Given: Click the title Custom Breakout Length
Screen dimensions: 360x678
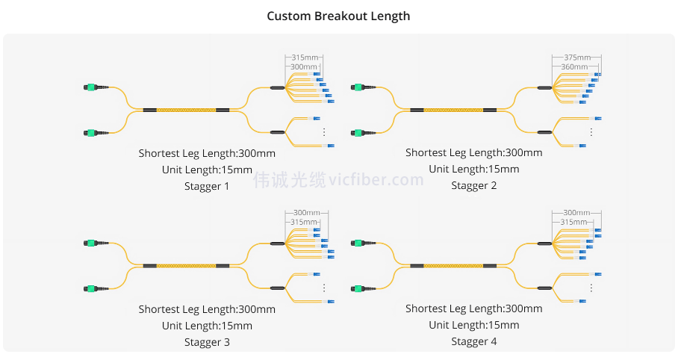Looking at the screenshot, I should click(x=338, y=16).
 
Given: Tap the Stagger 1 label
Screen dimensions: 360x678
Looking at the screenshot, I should click(x=207, y=186).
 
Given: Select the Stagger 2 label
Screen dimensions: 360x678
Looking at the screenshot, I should click(x=474, y=186).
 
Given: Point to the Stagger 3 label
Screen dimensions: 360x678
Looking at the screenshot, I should click(x=207, y=342).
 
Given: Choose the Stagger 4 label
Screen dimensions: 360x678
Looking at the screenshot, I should click(x=474, y=342).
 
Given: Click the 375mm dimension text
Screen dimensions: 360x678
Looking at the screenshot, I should click(x=577, y=58).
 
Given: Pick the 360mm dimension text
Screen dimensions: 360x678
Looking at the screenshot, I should click(x=573, y=66).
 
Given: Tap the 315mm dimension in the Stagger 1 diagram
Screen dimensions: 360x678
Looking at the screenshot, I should click(x=305, y=58).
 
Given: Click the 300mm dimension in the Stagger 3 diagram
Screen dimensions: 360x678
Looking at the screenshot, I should click(x=306, y=213).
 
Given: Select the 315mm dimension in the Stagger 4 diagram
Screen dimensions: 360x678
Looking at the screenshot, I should click(x=573, y=222).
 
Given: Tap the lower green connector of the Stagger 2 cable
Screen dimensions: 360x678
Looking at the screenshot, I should click(x=359, y=133).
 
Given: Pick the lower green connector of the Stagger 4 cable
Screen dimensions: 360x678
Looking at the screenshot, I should click(x=359, y=288).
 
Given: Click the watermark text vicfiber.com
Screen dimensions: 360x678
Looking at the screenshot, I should click(x=376, y=180).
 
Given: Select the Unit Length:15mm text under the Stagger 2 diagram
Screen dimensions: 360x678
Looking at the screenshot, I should click(x=474, y=170).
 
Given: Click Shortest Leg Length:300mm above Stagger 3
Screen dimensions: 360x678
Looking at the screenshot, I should click(x=207, y=309).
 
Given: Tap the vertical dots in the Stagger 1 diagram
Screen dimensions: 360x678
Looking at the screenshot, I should click(x=324, y=131).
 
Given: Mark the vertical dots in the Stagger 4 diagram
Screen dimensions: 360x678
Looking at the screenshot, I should click(x=591, y=287).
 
